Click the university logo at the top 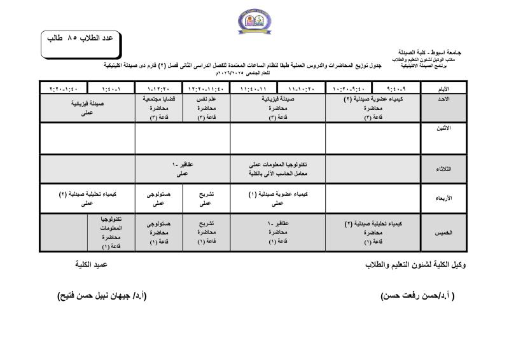(x=253, y=20)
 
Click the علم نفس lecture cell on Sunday (x=206, y=108)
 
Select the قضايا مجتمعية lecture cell (x=158, y=108)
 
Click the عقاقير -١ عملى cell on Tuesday (x=183, y=169)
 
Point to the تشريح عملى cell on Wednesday (x=206, y=198)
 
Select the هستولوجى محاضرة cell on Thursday (x=158, y=233)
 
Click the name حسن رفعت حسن (x=417, y=296)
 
